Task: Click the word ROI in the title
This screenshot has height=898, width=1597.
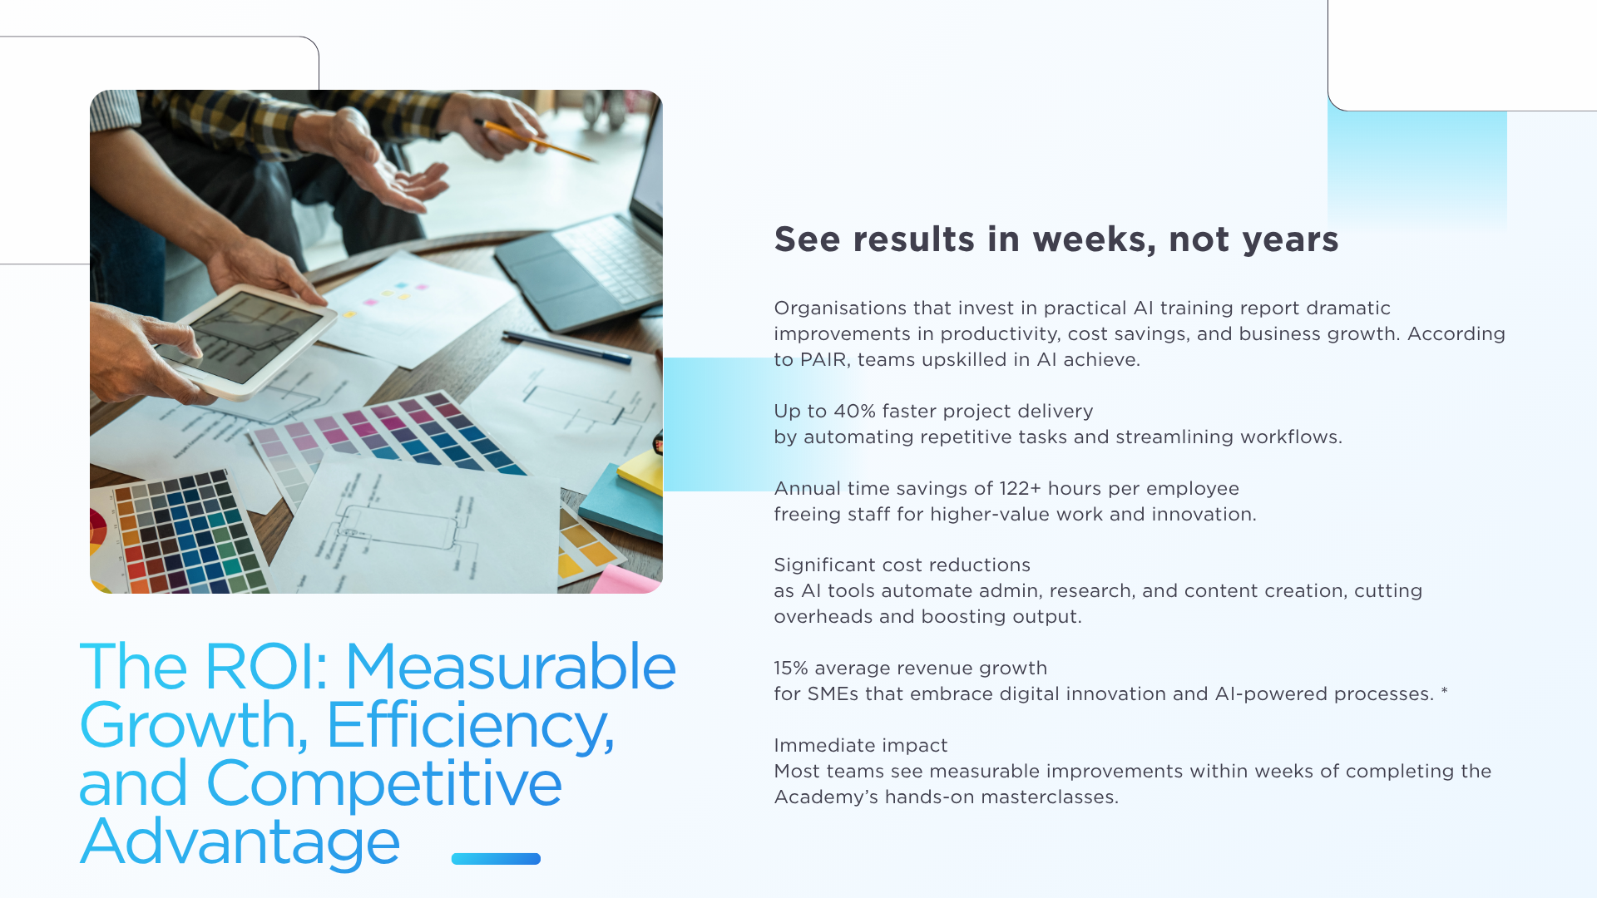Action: [x=265, y=667]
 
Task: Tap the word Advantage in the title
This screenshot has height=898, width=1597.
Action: [x=240, y=842]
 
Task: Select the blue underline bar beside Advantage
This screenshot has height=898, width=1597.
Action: [x=496, y=859]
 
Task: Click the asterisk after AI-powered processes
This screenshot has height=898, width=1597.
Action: [x=1445, y=691]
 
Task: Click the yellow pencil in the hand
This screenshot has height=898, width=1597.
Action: [x=536, y=140]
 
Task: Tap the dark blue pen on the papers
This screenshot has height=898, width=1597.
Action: [x=566, y=348]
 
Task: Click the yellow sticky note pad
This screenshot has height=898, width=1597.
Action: [x=641, y=471]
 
